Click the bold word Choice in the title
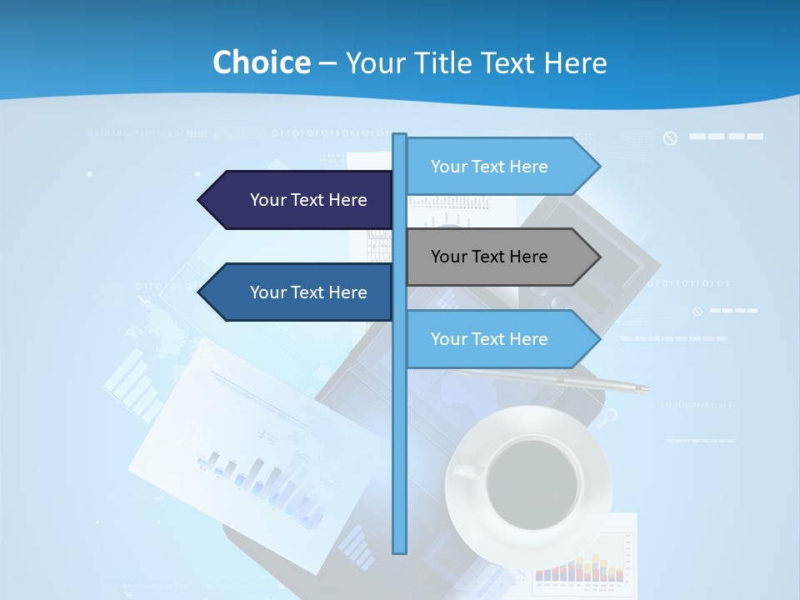click(x=261, y=62)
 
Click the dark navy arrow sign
click(x=296, y=200)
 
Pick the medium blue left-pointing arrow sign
click(x=296, y=292)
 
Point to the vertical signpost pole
click(x=400, y=417)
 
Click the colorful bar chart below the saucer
click(x=580, y=567)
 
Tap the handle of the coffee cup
click(x=467, y=471)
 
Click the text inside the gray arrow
click(x=489, y=257)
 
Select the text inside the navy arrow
click(x=308, y=200)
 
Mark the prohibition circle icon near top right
click(x=670, y=138)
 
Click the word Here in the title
click(x=575, y=62)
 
